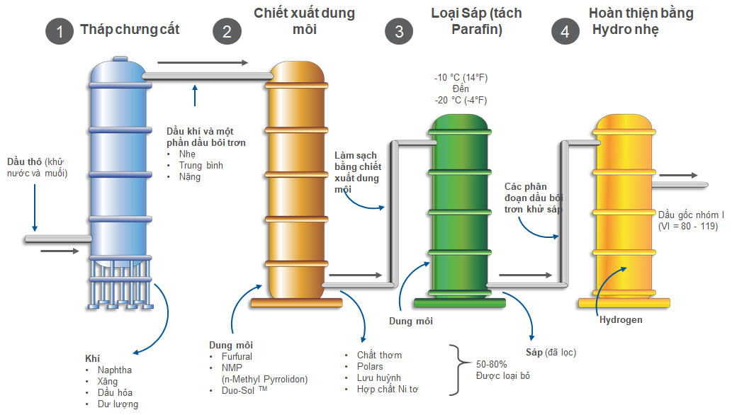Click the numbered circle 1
coord(60,31)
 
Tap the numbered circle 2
coord(227,31)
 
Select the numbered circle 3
coord(399,31)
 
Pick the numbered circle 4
coord(565,31)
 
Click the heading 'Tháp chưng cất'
coord(130,30)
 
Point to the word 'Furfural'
coord(237,356)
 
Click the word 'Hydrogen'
coord(621,320)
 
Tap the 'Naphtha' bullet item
coord(115,370)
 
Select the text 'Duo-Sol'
coord(238,390)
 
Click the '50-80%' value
coord(491,364)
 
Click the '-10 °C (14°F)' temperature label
coord(461,77)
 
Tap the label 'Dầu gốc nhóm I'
coord(691,215)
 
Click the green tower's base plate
coord(460,303)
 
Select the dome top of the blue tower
coord(118,69)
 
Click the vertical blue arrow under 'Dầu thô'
coord(35,207)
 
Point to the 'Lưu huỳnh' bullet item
coord(379,377)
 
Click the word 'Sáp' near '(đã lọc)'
coord(534,352)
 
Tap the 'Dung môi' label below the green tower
coord(411,321)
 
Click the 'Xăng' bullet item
coord(108,382)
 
